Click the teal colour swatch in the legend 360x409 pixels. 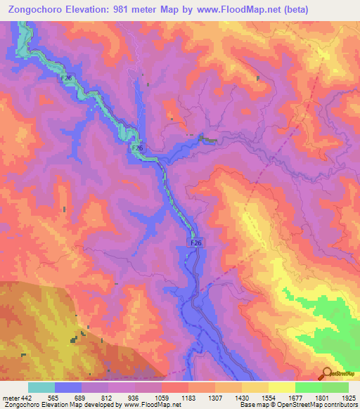click(x=41, y=387)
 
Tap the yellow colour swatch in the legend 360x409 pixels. click(x=281, y=387)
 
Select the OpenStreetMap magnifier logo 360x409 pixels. click(x=327, y=374)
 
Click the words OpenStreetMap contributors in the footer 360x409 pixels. click(x=320, y=405)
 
